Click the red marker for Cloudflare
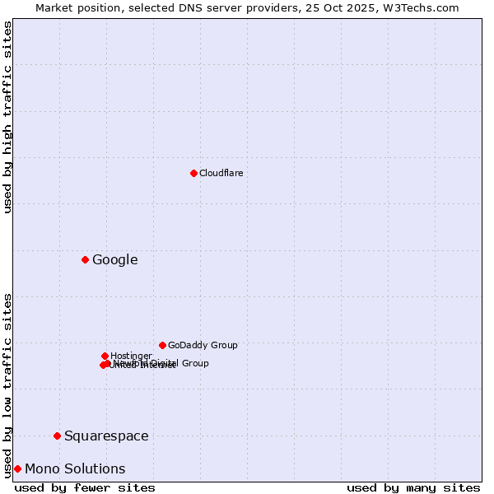[x=193, y=173]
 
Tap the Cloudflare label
[x=221, y=173]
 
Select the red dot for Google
[x=85, y=260]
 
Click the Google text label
[x=114, y=260]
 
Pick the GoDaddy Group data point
[x=162, y=345]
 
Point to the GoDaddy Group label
[x=203, y=345]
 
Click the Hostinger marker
[x=105, y=356]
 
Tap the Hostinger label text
[x=131, y=356]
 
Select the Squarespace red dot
[x=57, y=436]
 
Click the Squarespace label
[x=106, y=436]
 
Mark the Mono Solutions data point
[x=17, y=468]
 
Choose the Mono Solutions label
[x=75, y=468]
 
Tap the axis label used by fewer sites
[x=85, y=487]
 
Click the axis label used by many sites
[x=413, y=487]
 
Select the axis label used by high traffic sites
[x=7, y=117]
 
